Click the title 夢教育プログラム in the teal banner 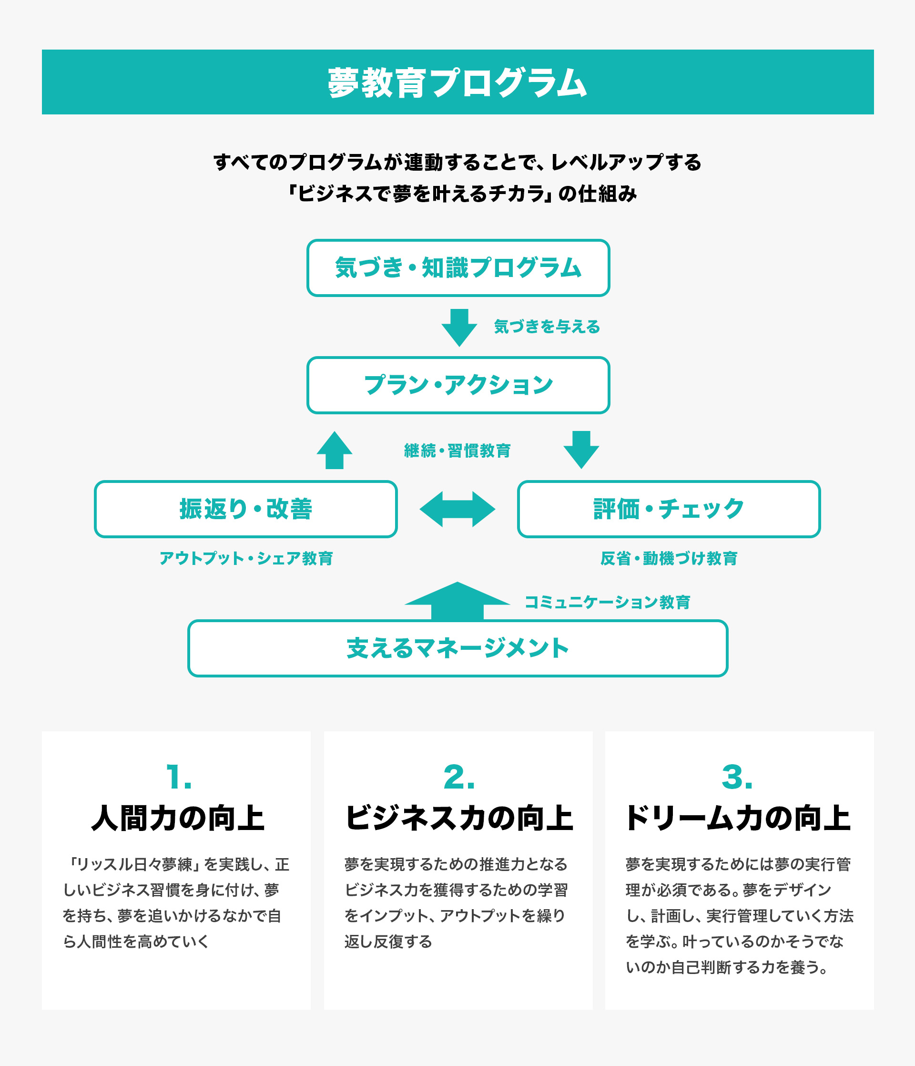(457, 82)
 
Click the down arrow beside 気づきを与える (459, 328)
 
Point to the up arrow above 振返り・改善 (335, 450)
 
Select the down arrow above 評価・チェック (581, 450)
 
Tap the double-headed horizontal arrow (457, 509)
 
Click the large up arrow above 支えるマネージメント (457, 601)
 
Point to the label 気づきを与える (547, 327)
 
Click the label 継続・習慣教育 (457, 451)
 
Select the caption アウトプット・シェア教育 (246, 558)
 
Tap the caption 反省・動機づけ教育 (669, 558)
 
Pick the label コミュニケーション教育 (607, 602)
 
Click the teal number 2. (459, 777)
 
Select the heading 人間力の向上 (177, 819)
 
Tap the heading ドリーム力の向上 (738, 819)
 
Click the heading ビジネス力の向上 (459, 819)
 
